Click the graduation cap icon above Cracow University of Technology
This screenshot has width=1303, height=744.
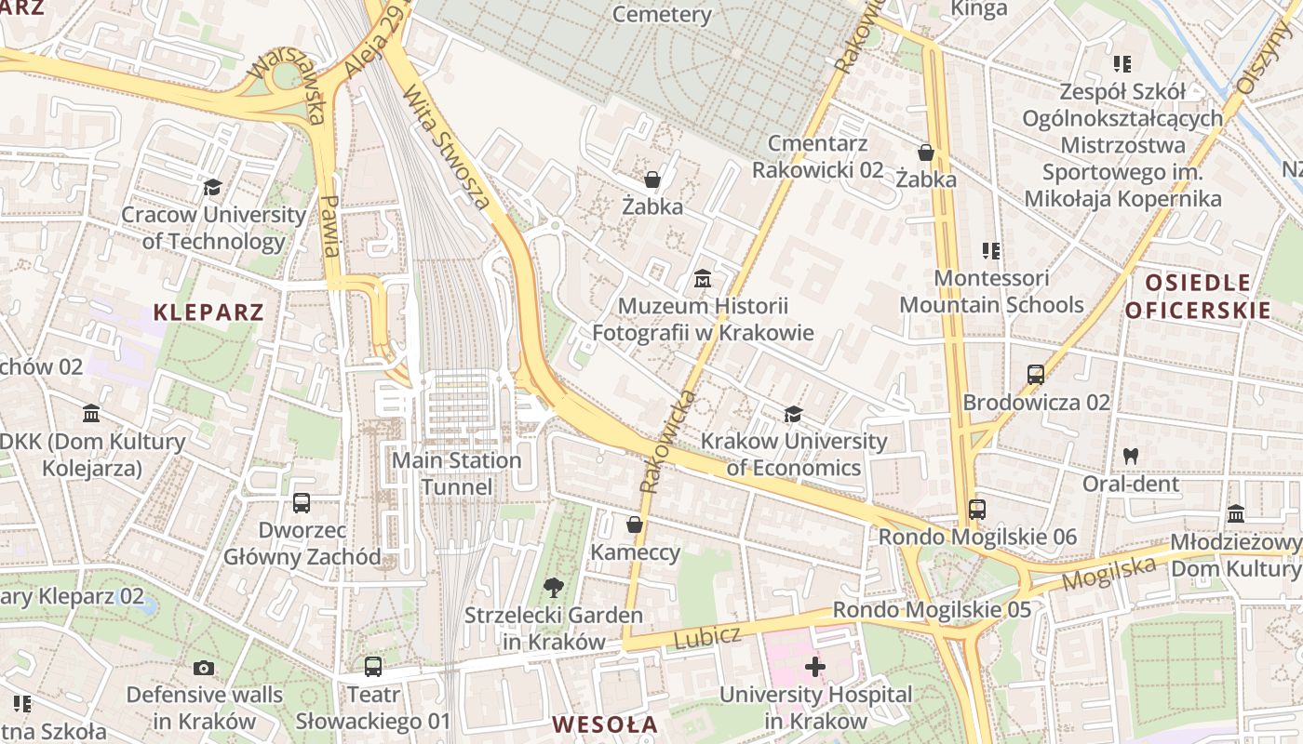(x=213, y=188)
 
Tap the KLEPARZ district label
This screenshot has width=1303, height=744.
(x=208, y=312)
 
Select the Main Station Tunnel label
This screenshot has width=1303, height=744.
(x=456, y=473)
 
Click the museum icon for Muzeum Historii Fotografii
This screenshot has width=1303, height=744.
(x=703, y=278)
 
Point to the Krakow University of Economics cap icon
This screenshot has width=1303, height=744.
(x=793, y=414)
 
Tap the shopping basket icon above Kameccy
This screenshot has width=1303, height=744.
(x=635, y=525)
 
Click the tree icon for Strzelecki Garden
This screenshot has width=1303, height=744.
(x=554, y=587)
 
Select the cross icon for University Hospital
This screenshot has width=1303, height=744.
(x=815, y=666)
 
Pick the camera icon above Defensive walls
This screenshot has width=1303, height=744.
(x=204, y=667)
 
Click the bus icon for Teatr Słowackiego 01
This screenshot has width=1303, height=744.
(x=373, y=666)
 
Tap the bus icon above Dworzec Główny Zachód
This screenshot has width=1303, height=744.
(x=302, y=503)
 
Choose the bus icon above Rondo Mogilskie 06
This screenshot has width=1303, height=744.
(x=976, y=510)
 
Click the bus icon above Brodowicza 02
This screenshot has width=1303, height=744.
(x=1036, y=375)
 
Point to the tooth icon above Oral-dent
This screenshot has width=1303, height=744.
(x=1131, y=456)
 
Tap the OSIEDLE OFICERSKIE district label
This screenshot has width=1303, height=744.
(x=1198, y=297)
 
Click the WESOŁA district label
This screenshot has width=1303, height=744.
(x=604, y=724)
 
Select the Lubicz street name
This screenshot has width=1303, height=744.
(x=706, y=638)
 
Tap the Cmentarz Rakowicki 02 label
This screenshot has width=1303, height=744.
(x=818, y=157)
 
